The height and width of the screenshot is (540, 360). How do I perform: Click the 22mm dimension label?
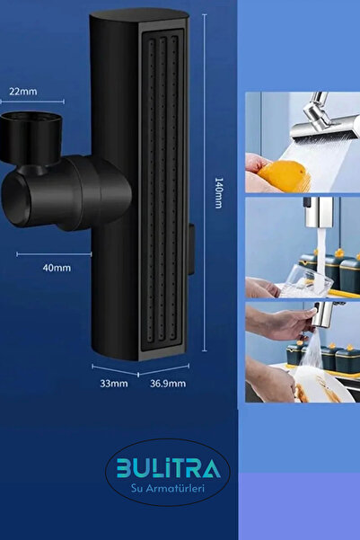pyautogui.click(x=23, y=92)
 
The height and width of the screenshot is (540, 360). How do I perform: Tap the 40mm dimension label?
pyautogui.click(x=57, y=268)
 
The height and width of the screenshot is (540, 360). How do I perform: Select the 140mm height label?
pyautogui.click(x=218, y=193)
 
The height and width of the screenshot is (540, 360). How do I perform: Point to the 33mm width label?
pyautogui.click(x=114, y=384)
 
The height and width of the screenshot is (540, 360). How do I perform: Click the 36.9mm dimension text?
pyautogui.click(x=168, y=384)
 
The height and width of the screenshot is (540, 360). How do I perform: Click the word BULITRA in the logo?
pyautogui.click(x=168, y=468)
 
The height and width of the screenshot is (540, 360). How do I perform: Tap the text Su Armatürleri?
pyautogui.click(x=168, y=488)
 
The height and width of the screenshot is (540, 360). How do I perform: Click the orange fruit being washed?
pyautogui.click(x=284, y=175)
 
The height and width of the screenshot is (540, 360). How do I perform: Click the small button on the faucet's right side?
pyautogui.click(x=192, y=249)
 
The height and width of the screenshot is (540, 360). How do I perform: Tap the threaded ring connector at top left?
pyautogui.click(x=31, y=137)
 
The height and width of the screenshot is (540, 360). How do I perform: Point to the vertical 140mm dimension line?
pyautogui.click(x=205, y=183)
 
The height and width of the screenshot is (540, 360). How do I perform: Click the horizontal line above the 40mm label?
pyautogui.click(x=54, y=254)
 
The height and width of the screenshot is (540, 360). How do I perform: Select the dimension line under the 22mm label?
pyautogui.click(x=32, y=102)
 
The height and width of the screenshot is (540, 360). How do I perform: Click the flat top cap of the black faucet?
pyautogui.click(x=139, y=14)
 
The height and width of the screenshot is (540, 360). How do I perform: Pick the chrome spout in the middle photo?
pyautogui.click(x=320, y=212)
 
